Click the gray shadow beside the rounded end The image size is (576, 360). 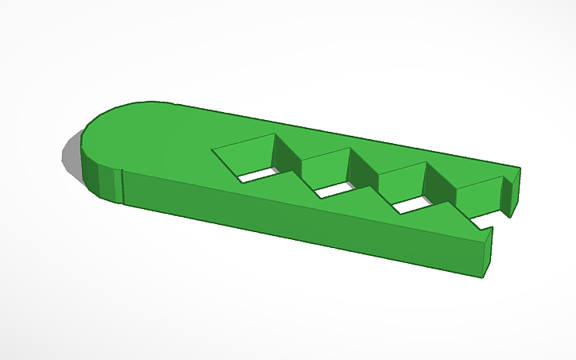coord(72,155)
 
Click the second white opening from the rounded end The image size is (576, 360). coord(335,189)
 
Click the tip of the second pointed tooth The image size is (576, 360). coord(372,185)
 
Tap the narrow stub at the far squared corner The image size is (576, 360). coord(512,191)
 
